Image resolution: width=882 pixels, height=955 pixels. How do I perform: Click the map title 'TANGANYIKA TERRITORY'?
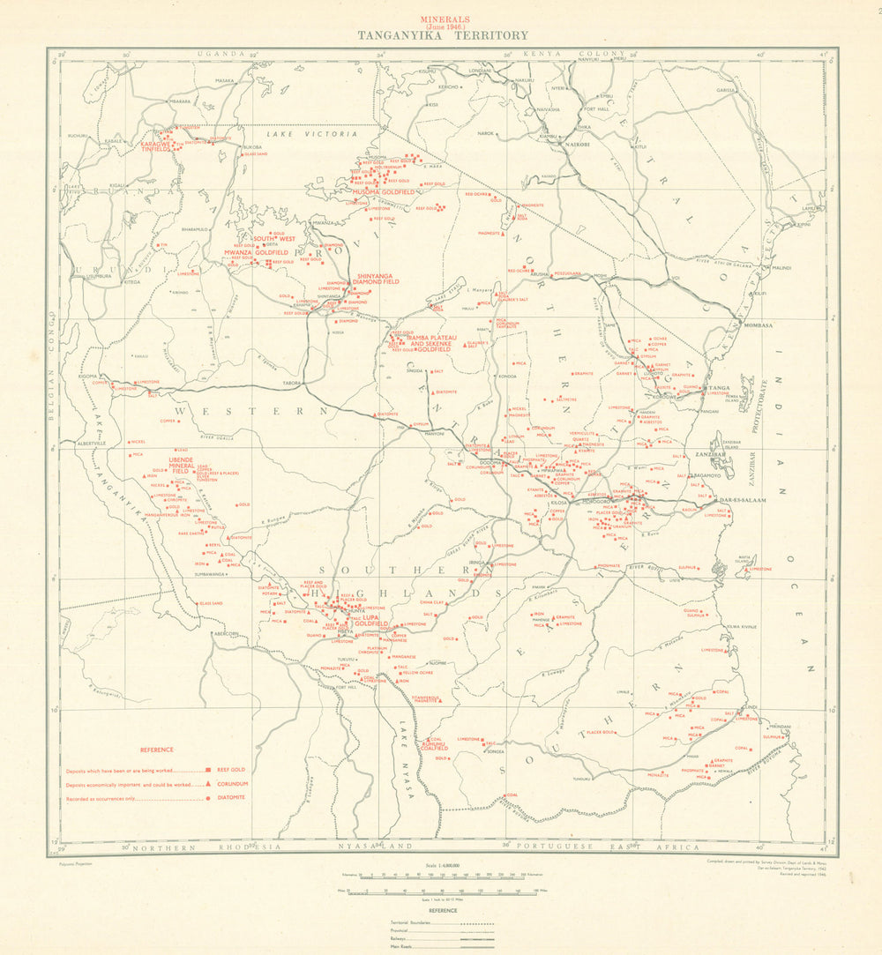[443, 36]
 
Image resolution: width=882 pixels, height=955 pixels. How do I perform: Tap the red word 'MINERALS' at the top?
[444, 19]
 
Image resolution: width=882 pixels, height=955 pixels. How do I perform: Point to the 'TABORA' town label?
[292, 384]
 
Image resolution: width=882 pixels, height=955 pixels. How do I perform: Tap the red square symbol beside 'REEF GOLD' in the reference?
[208, 770]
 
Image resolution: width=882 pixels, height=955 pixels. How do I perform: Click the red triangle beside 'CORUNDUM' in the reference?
[208, 784]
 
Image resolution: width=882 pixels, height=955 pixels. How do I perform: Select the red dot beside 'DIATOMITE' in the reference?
[208, 798]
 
